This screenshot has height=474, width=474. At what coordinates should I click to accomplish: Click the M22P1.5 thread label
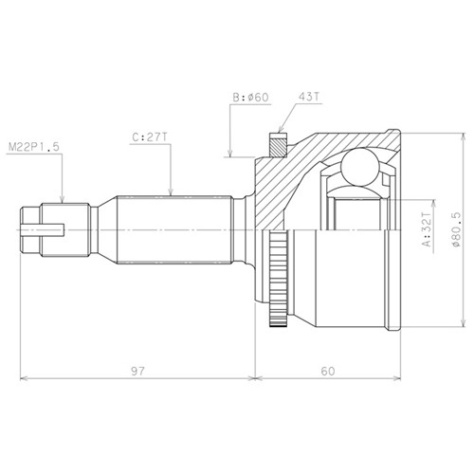(34, 147)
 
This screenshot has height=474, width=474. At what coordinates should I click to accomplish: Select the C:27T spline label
(150, 137)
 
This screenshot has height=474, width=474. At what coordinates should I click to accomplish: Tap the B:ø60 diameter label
(250, 98)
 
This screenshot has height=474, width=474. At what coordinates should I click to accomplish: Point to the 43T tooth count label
(309, 97)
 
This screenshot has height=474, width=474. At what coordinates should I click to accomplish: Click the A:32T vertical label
(427, 228)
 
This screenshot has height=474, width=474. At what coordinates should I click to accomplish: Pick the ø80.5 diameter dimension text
(456, 229)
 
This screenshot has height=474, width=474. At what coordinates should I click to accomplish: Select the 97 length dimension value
(137, 371)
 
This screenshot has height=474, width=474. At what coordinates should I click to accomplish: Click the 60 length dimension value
(328, 371)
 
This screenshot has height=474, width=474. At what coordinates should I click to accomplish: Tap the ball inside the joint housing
(360, 168)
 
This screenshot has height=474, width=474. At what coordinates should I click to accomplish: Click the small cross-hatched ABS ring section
(279, 145)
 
